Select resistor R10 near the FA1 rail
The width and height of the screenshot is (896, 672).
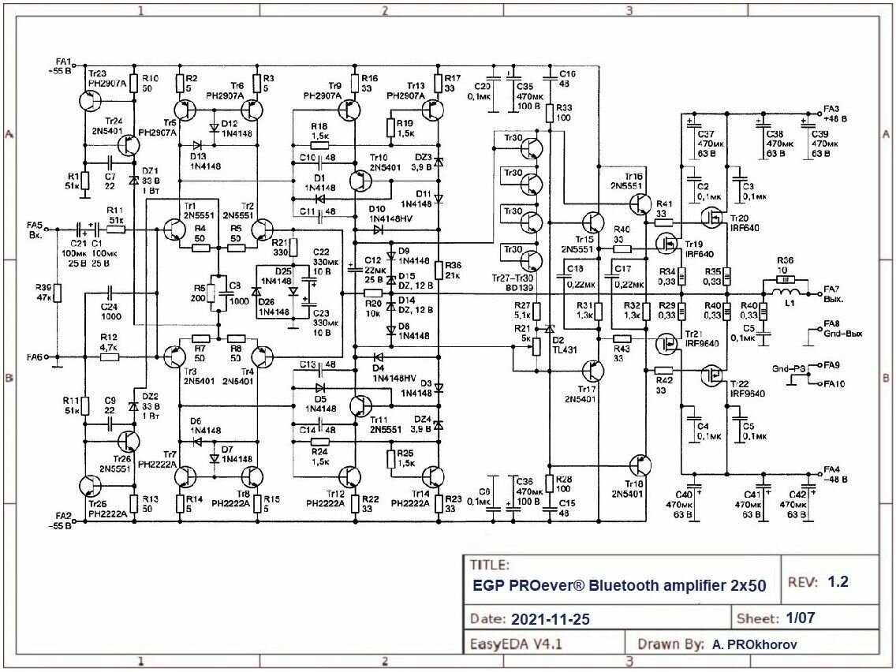tap(133, 82)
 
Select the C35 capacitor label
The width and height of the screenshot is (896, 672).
tap(523, 86)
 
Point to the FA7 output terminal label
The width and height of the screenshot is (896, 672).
tap(831, 289)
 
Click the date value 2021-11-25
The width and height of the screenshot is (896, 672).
tap(550, 618)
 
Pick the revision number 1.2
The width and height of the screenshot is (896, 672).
tap(838, 582)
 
